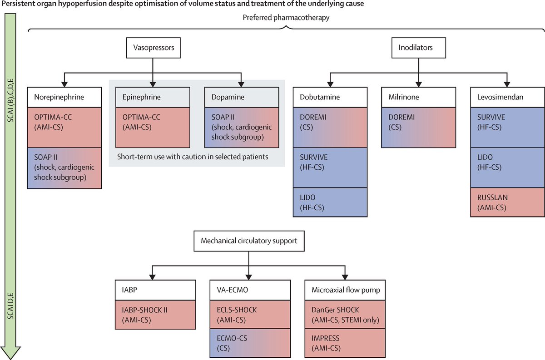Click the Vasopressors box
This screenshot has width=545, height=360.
pos(152,47)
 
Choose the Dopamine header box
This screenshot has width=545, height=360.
pos(241,98)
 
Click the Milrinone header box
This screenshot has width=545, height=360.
pos(418,98)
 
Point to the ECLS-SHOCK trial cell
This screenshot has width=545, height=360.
pos(249,315)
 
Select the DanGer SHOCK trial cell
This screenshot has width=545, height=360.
pos(346,315)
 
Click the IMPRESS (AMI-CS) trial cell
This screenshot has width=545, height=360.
pos(346,342)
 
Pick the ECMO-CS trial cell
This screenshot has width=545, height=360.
pos(249,342)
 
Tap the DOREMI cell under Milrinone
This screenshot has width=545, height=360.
pos(418,128)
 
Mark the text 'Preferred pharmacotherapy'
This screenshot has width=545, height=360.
pos(285,19)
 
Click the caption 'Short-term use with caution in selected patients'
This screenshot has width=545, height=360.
pos(196,157)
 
